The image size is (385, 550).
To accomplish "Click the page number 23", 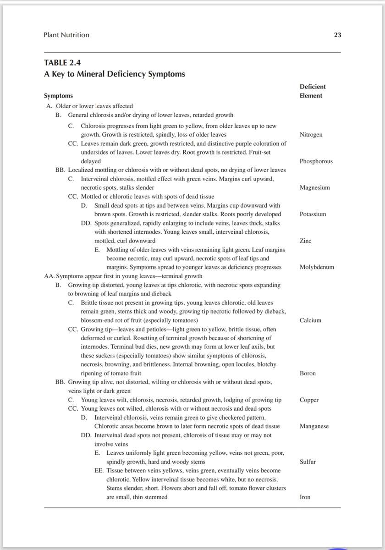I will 337,35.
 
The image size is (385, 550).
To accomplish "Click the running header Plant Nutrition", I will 66,35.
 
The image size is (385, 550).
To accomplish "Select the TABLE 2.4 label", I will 62,63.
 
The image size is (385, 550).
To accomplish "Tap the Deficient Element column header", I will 313,91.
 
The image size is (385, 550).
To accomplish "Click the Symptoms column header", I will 58,96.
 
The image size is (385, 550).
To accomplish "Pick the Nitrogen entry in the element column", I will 311,135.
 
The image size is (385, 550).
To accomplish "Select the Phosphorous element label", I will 316,161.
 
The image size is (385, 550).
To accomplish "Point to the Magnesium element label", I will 314,187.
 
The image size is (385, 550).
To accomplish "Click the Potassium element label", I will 313,214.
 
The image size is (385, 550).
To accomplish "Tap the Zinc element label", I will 305,241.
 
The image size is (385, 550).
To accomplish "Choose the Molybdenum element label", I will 317,267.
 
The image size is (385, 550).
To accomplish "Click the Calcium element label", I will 310,320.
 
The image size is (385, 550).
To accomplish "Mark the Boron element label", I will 308,373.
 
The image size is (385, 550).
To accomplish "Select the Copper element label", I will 309,400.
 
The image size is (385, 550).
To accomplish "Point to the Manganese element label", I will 314,426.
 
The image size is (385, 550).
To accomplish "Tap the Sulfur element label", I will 308,462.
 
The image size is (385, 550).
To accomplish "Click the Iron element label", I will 305,497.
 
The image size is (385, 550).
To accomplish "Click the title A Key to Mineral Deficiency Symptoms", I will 115,74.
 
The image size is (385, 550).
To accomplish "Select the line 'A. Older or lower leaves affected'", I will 88,106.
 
